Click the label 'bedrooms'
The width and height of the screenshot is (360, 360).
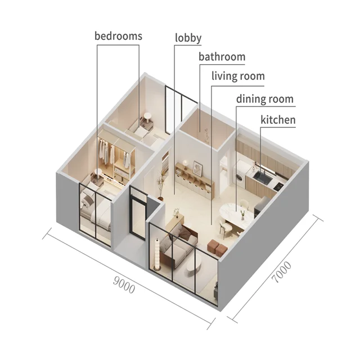118,36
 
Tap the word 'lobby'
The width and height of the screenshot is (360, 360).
188,38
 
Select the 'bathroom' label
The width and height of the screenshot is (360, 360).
222,57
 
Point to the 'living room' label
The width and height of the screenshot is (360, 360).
238,76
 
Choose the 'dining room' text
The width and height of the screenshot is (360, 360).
264,100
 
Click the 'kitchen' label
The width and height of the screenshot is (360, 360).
277,120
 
